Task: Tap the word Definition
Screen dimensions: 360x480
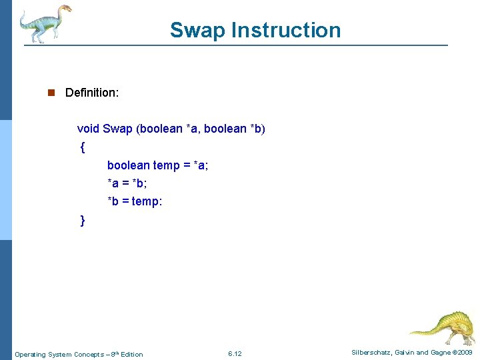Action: (x=92, y=93)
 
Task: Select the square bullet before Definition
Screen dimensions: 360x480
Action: (x=51, y=93)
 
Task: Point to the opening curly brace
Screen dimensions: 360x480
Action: (x=82, y=147)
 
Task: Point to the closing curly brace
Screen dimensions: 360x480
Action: (x=82, y=220)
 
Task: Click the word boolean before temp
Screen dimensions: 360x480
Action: (x=128, y=165)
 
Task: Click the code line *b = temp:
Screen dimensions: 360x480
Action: (x=135, y=201)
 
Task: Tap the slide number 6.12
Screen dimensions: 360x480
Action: (x=235, y=353)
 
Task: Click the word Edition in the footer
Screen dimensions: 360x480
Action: (x=131, y=354)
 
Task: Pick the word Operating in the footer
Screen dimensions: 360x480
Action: (x=31, y=354)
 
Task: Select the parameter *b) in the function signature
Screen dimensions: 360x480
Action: (x=257, y=129)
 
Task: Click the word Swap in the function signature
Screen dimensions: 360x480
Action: (x=118, y=129)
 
